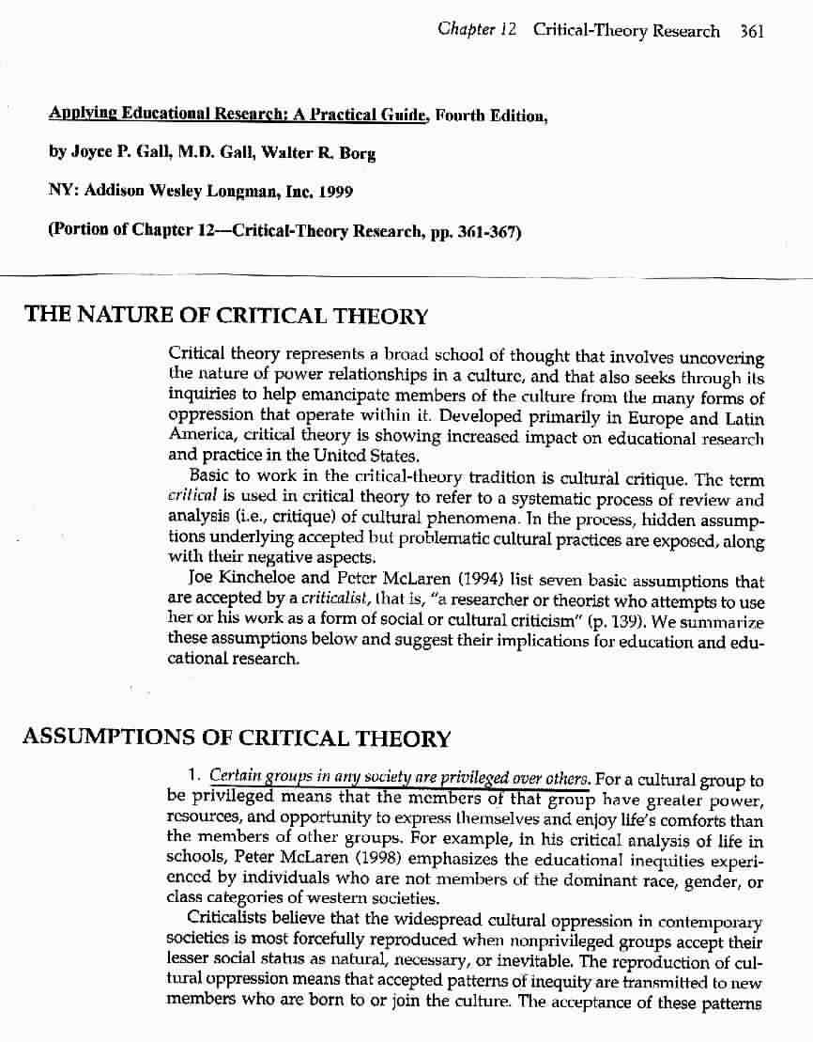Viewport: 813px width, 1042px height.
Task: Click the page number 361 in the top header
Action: (752, 31)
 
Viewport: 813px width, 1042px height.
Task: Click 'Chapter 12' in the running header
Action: (478, 30)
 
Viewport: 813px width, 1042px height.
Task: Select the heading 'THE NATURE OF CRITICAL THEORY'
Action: (226, 316)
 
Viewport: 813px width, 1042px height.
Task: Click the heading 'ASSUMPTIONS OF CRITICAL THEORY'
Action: (237, 739)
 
